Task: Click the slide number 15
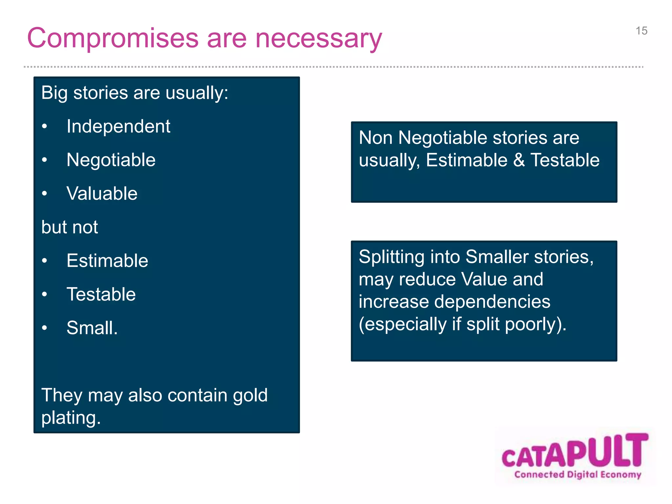(641, 31)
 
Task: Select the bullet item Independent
(118, 126)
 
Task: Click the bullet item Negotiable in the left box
(111, 160)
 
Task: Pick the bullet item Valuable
(102, 193)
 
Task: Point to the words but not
(70, 227)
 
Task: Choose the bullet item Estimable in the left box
(107, 261)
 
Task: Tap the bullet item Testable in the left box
(101, 294)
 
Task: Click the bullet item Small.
(92, 327)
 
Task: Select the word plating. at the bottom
(71, 418)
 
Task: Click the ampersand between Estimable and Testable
(519, 160)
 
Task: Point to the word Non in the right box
(375, 137)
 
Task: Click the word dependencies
(492, 302)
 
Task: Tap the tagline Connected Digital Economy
(577, 474)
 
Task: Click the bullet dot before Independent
(45, 126)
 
